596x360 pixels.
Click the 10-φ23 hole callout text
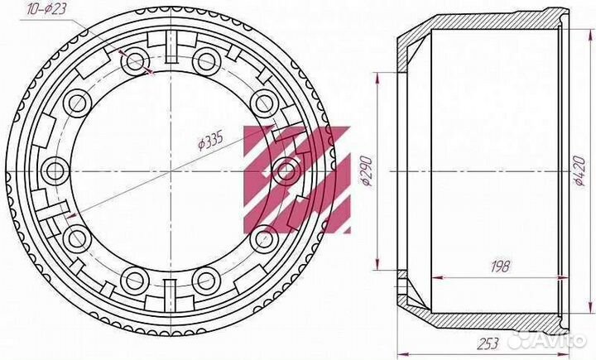[x=47, y=8]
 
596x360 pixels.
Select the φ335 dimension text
[x=210, y=140]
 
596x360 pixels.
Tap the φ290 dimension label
[x=367, y=170]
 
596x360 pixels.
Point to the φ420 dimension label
[x=579, y=170]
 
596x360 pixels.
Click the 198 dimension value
[x=499, y=266]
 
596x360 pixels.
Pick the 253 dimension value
[x=488, y=343]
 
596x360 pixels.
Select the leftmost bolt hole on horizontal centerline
[x=55, y=170]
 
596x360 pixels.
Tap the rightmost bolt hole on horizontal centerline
[x=287, y=170]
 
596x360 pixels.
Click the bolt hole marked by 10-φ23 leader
[x=135, y=61]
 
